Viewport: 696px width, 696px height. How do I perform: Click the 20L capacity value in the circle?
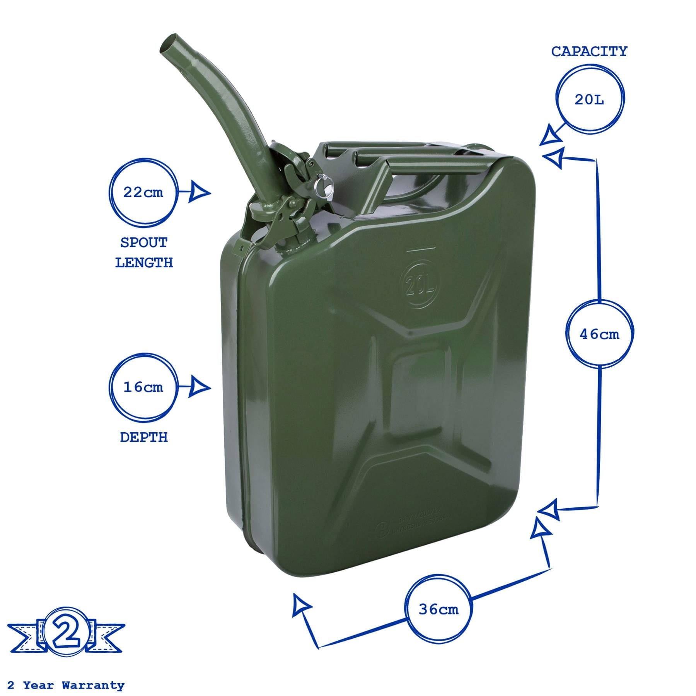pos(589,100)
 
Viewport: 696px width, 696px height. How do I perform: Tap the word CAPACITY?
pos(589,51)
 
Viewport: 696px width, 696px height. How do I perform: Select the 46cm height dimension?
pos(599,334)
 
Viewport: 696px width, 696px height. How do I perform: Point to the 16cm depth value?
pos(143,387)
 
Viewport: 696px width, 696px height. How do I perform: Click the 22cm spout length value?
pos(143,192)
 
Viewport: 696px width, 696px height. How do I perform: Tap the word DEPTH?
pos(144,437)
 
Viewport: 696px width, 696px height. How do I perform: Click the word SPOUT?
pos(144,243)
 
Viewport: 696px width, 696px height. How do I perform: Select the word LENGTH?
pos(144,263)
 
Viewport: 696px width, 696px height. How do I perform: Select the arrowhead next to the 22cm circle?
pos(199,193)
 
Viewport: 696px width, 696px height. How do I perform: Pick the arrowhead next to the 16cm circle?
pos(199,387)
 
